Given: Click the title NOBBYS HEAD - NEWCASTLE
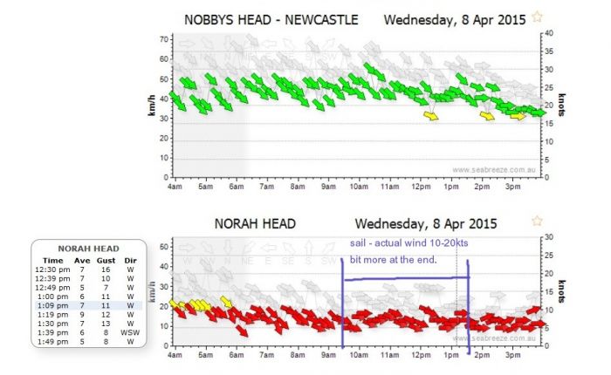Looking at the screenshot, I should coord(271,18).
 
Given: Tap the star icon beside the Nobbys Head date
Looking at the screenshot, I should coord(538,17).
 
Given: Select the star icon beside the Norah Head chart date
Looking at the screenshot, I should coord(538,222).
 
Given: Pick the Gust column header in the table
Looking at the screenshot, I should coord(103,260).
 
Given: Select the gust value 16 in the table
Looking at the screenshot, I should coord(103,269).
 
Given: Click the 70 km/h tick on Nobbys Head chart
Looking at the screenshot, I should coord(163,39).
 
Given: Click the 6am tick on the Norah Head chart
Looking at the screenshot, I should coord(236,356).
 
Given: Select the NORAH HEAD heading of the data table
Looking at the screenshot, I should coord(87,249).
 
